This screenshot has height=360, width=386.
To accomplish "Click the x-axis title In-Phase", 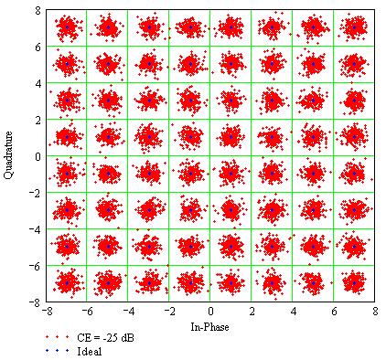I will (210, 326).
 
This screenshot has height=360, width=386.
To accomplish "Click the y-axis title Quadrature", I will (11, 155).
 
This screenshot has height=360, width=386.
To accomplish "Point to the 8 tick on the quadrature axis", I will (38, 10).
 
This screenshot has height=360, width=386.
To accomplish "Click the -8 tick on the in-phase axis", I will (46, 311).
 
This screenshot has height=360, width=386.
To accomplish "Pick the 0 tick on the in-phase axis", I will (210, 311).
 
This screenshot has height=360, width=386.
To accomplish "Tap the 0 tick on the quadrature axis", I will (38, 155).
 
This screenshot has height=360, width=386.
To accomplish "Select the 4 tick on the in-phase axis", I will (293, 311).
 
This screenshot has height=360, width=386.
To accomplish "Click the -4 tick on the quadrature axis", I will (36, 228).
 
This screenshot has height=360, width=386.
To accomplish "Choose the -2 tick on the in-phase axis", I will (168, 311).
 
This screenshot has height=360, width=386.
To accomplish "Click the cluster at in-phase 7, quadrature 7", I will (354, 27).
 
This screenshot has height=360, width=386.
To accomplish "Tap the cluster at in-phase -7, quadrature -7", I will (67, 281).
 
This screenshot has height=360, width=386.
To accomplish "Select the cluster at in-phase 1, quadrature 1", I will (231, 136).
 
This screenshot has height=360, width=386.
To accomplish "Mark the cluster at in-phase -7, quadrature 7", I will (67, 27).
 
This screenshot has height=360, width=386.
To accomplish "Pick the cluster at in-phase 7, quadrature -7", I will (354, 281).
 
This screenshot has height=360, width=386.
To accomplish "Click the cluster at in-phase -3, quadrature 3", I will (149, 101).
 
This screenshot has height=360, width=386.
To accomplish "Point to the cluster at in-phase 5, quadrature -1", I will (313, 173).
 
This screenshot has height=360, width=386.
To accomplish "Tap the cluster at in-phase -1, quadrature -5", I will (190, 246).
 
